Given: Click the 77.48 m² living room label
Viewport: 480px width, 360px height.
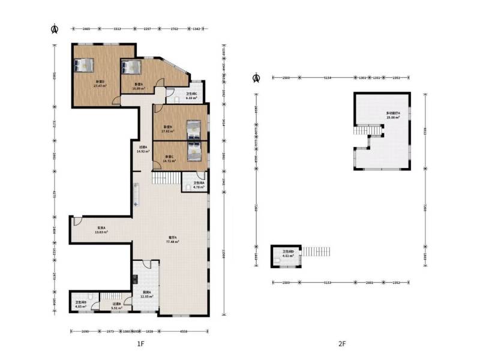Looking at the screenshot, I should click(x=173, y=239).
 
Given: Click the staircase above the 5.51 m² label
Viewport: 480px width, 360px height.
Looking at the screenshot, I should click(x=109, y=296).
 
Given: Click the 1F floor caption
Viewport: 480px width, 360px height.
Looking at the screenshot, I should click(x=140, y=344).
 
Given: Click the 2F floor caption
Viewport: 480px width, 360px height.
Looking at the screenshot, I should click(x=342, y=344).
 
